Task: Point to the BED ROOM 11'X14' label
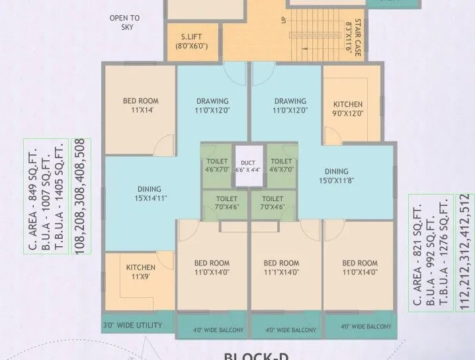tap(140, 106)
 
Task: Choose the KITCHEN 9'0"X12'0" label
tap(347, 109)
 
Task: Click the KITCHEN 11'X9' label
tap(140, 272)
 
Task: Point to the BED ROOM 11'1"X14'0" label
tap(281, 267)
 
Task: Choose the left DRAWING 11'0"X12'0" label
tap(212, 106)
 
